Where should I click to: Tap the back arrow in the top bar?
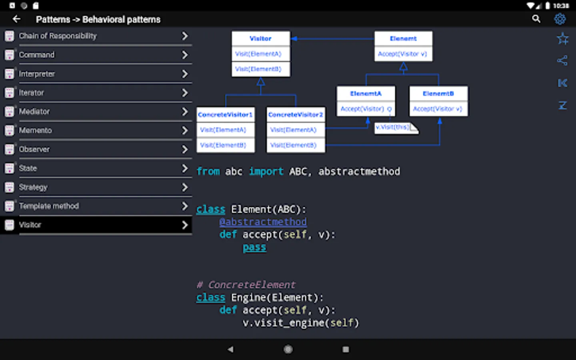[16, 19]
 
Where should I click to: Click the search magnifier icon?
[536, 19]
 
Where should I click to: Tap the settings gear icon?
[560, 19]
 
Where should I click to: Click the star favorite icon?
[562, 39]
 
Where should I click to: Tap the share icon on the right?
[562, 61]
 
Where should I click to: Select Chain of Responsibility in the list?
[58, 36]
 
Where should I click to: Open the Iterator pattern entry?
[32, 93]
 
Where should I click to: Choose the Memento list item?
[36, 130]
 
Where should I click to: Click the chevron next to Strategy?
[185, 187]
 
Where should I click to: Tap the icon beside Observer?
[9, 149]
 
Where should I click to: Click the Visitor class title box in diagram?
[260, 38]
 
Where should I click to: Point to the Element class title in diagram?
[403, 38]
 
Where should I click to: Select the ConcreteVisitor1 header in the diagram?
[225, 114]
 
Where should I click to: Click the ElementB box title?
[438, 94]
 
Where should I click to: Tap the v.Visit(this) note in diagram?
[393, 127]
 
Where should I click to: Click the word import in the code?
[266, 172]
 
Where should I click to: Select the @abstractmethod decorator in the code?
[263, 222]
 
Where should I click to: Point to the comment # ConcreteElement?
[246, 285]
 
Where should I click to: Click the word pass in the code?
[254, 247]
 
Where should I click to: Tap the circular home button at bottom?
[288, 349]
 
